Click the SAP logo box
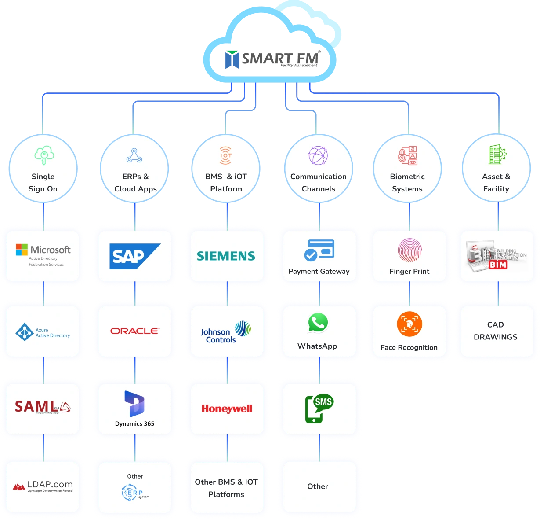point(134,256)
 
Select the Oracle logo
point(134,331)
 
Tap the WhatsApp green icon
point(318,324)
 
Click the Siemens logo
point(226,256)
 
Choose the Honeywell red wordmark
point(227,409)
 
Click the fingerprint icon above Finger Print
point(410,250)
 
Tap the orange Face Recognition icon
point(409,324)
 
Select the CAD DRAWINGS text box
point(496,331)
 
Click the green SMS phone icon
point(319,408)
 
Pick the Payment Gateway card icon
point(319,250)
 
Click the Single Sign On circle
point(43,169)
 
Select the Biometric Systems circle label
point(407,183)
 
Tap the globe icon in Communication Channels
point(318,156)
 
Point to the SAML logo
point(43,407)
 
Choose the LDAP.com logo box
point(43,487)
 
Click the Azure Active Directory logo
point(43,332)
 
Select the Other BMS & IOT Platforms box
point(226,488)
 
